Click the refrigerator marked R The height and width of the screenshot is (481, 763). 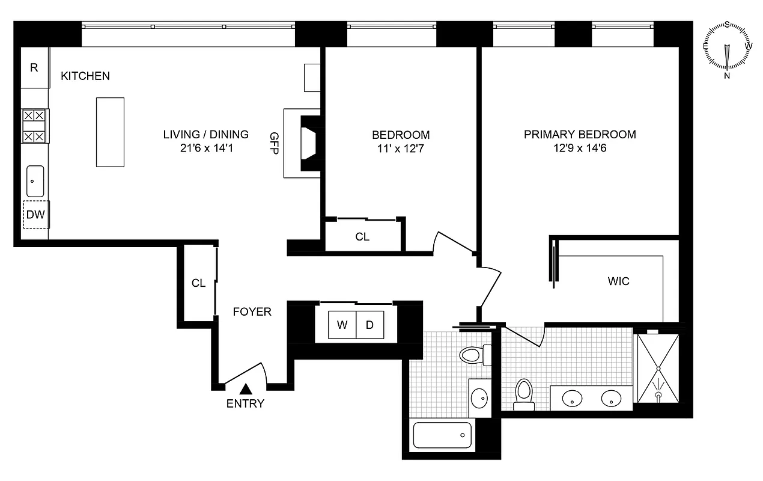pyautogui.click(x=34, y=67)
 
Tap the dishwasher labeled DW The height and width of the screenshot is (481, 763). pyautogui.click(x=36, y=215)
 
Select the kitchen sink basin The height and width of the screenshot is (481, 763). pyautogui.click(x=35, y=181)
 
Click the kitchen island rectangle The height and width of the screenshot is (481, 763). pyautogui.click(x=111, y=132)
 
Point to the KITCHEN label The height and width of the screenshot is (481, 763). pyautogui.click(x=85, y=76)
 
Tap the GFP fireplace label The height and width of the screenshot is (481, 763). pyautogui.click(x=275, y=143)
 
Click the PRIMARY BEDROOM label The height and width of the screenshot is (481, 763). pyautogui.click(x=580, y=134)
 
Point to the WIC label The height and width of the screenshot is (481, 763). pyautogui.click(x=618, y=281)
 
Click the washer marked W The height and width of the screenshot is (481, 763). pyautogui.click(x=342, y=325)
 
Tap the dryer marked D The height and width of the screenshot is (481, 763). pyautogui.click(x=370, y=325)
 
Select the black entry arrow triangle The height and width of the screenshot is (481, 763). pyautogui.click(x=245, y=390)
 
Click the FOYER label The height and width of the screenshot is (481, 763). pyautogui.click(x=252, y=312)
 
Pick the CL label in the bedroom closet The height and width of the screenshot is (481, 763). pyautogui.click(x=362, y=237)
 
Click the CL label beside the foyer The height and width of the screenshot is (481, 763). pyautogui.click(x=198, y=283)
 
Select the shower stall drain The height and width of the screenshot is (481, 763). pyautogui.click(x=658, y=395)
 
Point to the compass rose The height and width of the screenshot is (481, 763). pyautogui.click(x=728, y=51)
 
